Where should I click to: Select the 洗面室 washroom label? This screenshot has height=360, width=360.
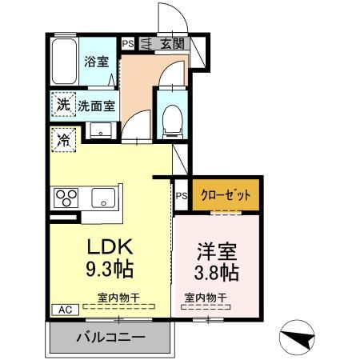click(x=97, y=104)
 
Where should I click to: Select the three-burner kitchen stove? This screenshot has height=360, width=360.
click(x=66, y=197)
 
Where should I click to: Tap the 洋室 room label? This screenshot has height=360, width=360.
click(x=218, y=250)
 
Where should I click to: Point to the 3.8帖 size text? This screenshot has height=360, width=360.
click(x=218, y=271)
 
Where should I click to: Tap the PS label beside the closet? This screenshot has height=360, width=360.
click(x=181, y=194)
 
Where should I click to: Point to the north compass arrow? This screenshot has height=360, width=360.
click(x=298, y=338)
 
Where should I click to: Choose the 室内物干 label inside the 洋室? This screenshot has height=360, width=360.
click(x=205, y=298)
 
